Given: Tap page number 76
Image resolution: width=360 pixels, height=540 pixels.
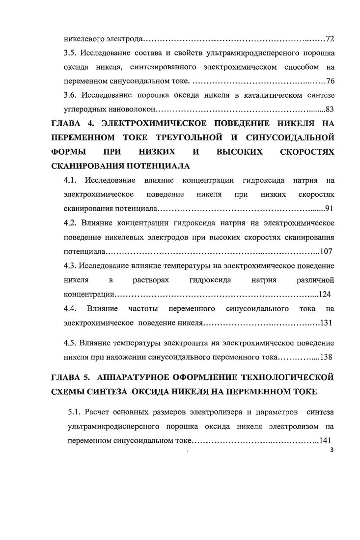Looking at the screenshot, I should click(330, 81).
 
